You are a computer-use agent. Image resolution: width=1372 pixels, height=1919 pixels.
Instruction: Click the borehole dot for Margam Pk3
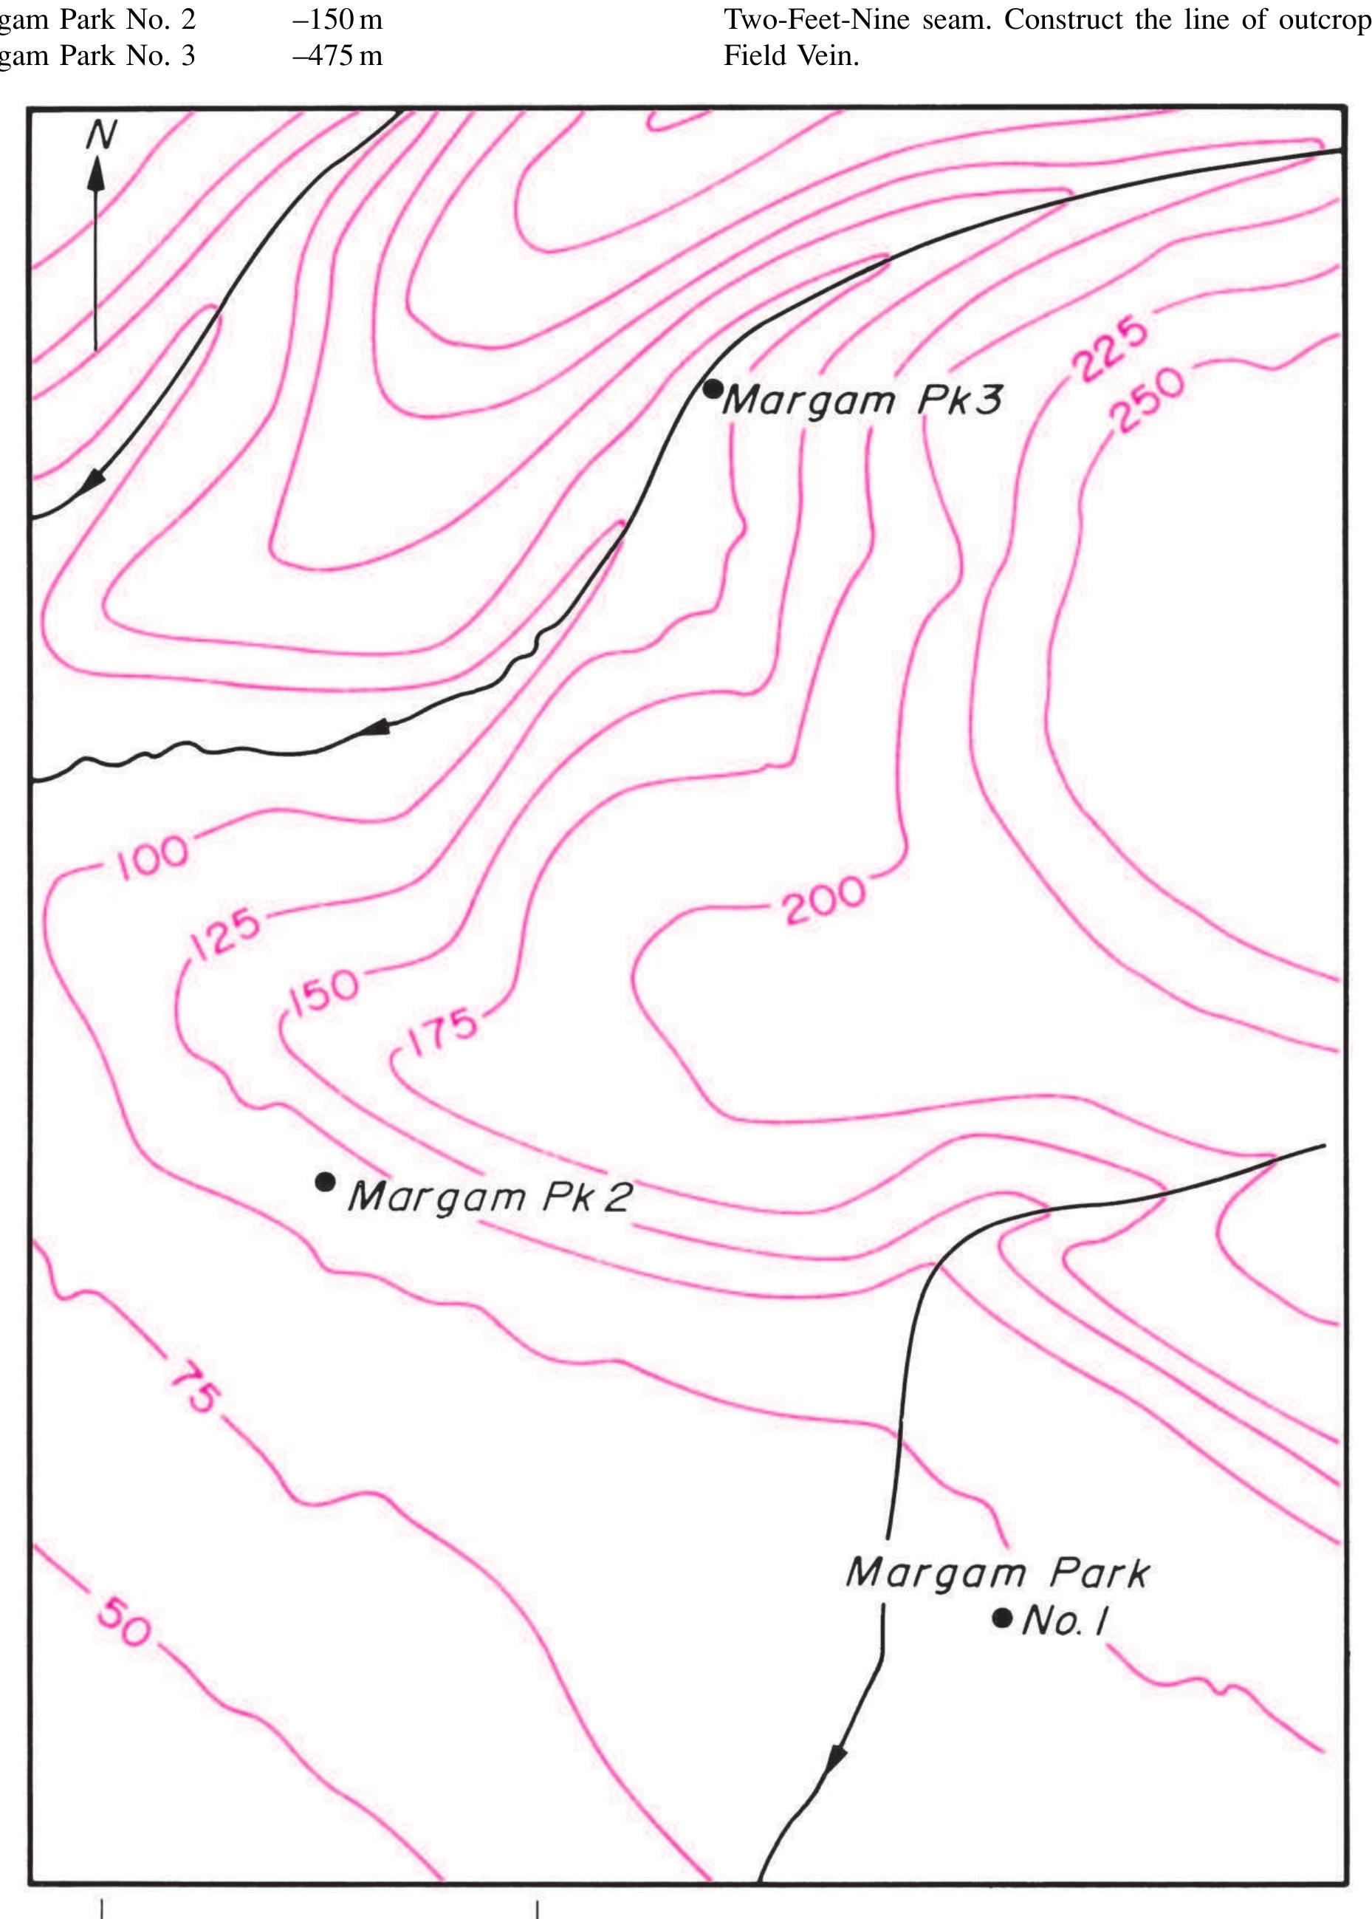[x=713, y=389]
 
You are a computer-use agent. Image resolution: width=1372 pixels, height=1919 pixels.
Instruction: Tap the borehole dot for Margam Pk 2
[x=324, y=1181]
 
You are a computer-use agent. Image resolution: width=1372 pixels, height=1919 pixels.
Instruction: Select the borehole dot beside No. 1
[x=1002, y=1618]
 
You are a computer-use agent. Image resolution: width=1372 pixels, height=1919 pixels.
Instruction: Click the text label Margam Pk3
[x=862, y=400]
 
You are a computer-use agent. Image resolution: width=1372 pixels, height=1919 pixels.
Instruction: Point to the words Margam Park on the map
[x=997, y=1573]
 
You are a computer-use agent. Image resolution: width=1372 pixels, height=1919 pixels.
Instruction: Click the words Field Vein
[x=791, y=56]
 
